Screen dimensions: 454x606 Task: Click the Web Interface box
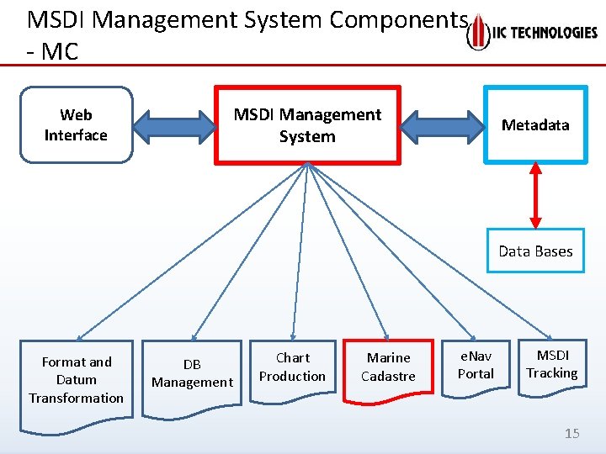[76, 124]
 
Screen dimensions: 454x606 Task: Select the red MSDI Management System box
[307, 124]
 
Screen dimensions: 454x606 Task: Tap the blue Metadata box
[535, 124]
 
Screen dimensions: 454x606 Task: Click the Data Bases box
[535, 251]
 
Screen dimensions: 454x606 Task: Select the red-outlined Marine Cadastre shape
[388, 369]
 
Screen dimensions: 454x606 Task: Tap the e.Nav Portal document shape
[476, 367]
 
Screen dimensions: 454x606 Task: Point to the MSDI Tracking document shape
[552, 366]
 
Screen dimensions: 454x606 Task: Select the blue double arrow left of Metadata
[441, 124]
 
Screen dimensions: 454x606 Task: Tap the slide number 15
[572, 434]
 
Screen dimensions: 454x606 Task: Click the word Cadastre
[388, 377]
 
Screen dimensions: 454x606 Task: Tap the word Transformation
[77, 398]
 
